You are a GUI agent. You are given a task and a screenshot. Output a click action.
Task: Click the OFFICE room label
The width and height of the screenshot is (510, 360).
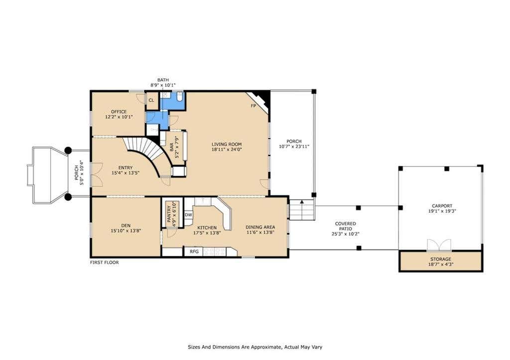(119, 112)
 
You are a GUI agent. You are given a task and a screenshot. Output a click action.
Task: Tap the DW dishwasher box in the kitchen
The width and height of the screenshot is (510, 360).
(188, 215)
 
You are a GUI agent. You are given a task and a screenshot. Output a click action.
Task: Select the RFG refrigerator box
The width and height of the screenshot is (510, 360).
(194, 251)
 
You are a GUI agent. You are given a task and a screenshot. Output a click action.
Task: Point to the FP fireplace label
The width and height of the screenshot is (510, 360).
(254, 106)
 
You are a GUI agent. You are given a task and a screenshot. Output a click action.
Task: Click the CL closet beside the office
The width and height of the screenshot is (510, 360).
(151, 100)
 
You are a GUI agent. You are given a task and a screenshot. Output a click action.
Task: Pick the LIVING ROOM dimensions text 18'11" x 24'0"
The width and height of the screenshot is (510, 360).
(227, 149)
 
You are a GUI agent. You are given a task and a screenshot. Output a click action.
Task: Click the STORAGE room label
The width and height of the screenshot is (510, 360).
(441, 259)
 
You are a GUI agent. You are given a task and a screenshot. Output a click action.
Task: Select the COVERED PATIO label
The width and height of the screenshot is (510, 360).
(346, 226)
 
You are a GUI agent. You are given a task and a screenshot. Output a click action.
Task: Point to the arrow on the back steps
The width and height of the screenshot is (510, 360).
(302, 202)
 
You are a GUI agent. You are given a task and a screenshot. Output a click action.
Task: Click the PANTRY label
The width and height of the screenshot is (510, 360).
(169, 215)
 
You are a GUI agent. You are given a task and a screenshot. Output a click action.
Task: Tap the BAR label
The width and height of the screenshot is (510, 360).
(172, 147)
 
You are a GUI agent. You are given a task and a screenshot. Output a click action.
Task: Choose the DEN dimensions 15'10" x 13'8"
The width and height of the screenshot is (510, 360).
(126, 231)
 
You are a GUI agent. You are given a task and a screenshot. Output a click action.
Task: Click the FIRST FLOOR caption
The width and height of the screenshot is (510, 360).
(105, 262)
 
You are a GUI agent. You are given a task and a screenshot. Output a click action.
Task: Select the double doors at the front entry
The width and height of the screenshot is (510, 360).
(97, 174)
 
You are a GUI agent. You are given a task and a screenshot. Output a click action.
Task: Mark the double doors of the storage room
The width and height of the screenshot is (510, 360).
(439, 245)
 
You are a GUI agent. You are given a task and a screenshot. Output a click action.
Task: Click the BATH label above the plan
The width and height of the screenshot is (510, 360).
(163, 80)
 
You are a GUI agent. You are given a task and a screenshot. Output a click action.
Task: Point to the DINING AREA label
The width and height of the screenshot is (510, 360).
(260, 228)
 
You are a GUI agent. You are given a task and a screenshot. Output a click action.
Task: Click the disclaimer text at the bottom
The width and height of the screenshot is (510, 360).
(255, 347)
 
